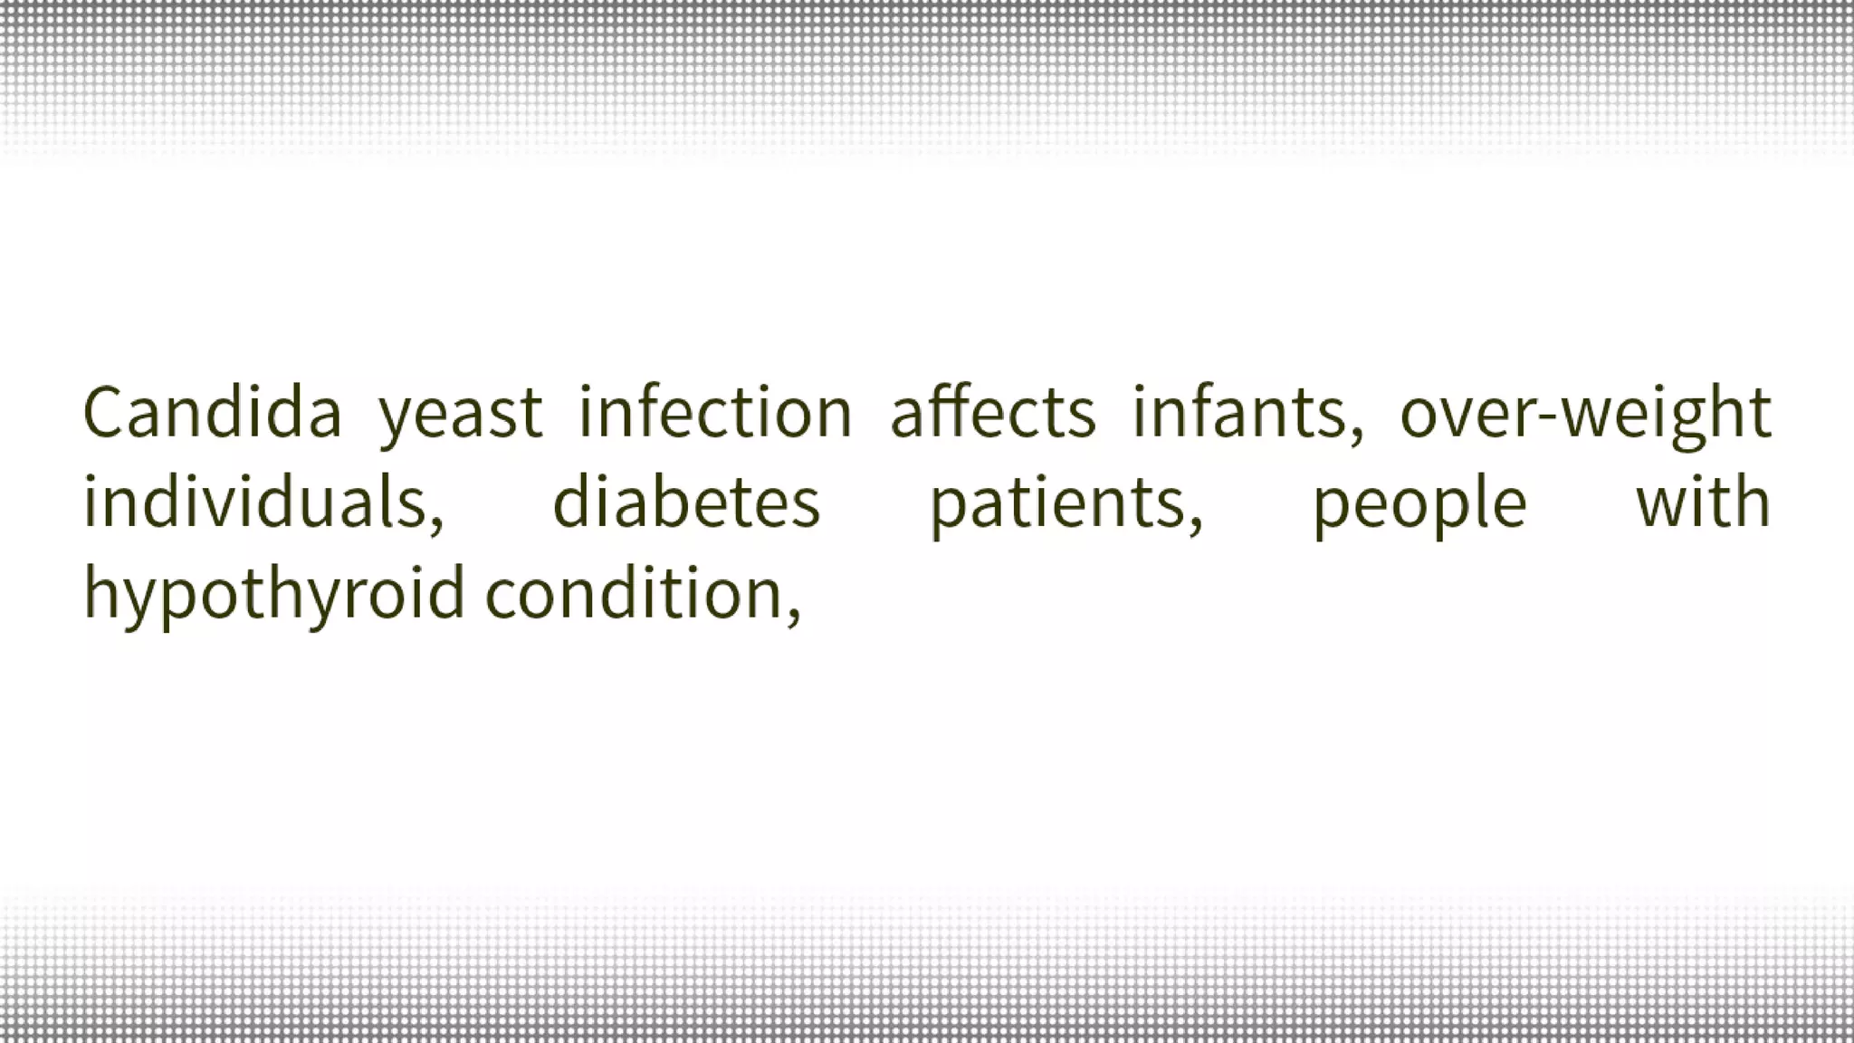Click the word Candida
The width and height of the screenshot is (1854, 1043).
[212, 413]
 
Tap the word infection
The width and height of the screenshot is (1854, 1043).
[715, 413]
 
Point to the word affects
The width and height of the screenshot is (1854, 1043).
[993, 413]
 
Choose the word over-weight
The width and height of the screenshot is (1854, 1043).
[1585, 415]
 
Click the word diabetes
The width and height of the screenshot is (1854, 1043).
[686, 503]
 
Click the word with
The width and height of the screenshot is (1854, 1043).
[1703, 503]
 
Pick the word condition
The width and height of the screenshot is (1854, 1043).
[634, 594]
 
